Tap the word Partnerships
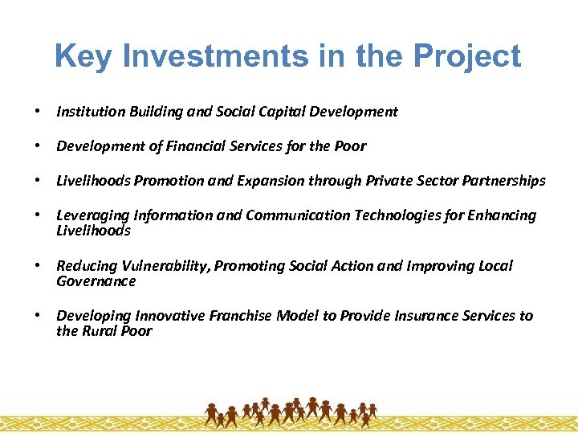point(503,181)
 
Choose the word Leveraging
point(90,215)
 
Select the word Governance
point(96,281)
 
